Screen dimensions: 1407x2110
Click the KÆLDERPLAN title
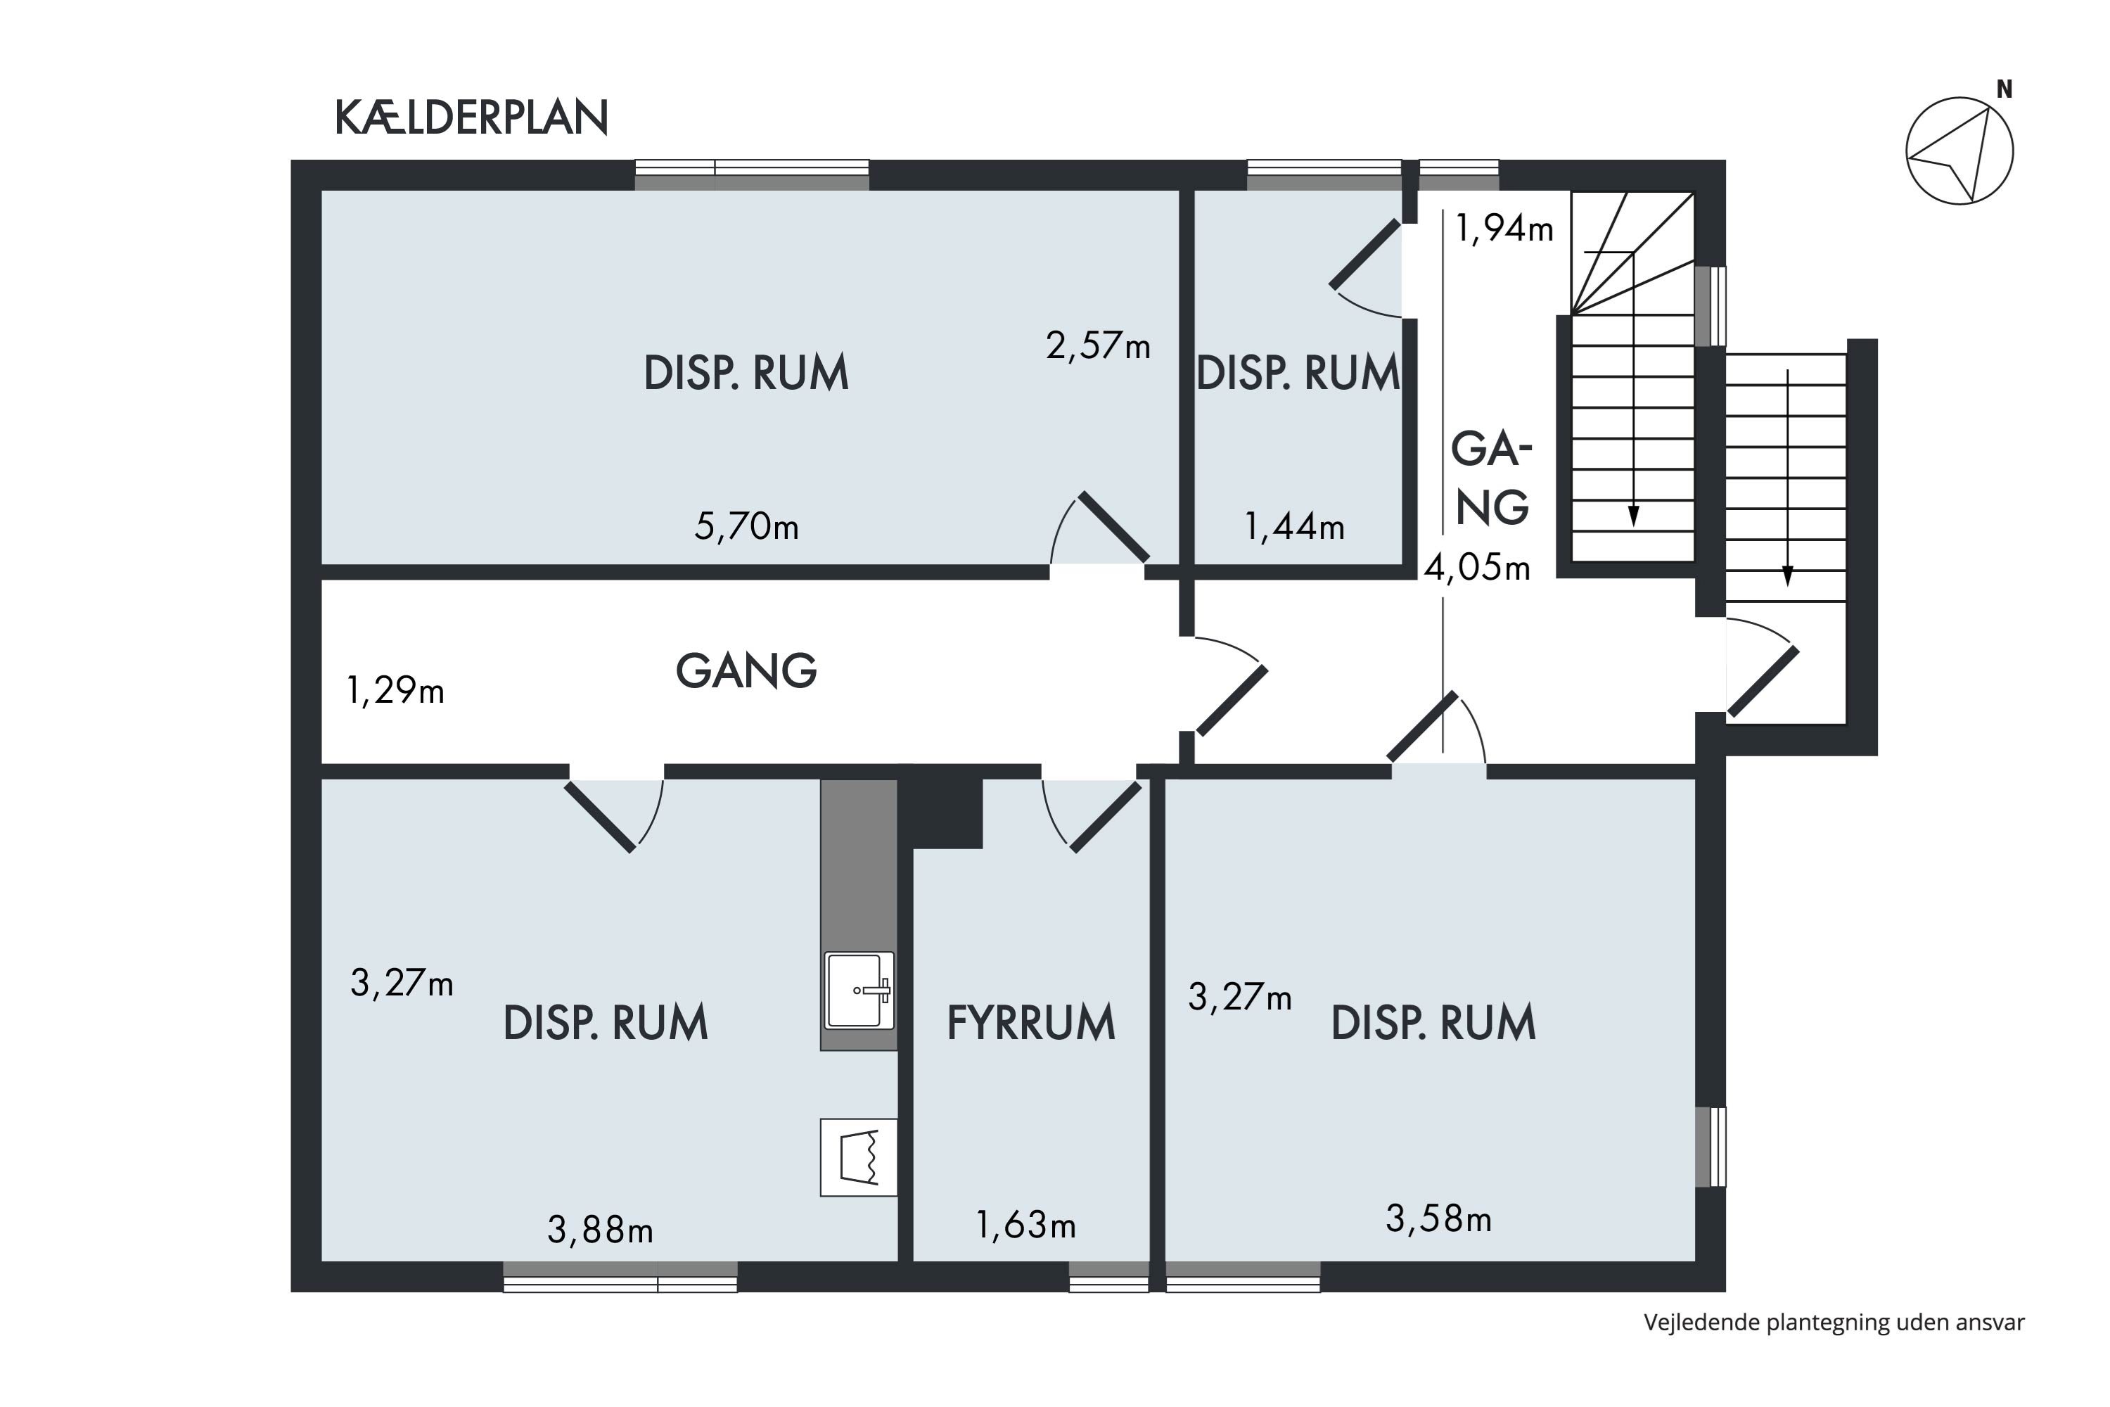[x=471, y=117]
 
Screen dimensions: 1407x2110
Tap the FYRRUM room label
[x=1031, y=1023]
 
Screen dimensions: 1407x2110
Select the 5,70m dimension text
[x=746, y=526]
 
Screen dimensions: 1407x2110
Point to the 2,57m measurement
[x=1097, y=345]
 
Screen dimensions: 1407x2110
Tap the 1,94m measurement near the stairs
[x=1504, y=229]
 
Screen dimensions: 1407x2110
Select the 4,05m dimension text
[x=1476, y=568]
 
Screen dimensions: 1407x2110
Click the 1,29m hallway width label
[x=395, y=691]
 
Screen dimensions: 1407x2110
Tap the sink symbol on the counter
[x=859, y=991]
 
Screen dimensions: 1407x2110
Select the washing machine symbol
[x=859, y=1157]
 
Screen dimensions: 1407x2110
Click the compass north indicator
[x=1959, y=151]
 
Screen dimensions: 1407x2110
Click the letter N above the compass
[x=2004, y=90]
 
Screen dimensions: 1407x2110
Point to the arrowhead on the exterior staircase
[x=1787, y=576]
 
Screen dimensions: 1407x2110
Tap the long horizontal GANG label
[x=746, y=671]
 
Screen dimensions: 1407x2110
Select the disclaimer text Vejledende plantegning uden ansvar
[x=1834, y=1323]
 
